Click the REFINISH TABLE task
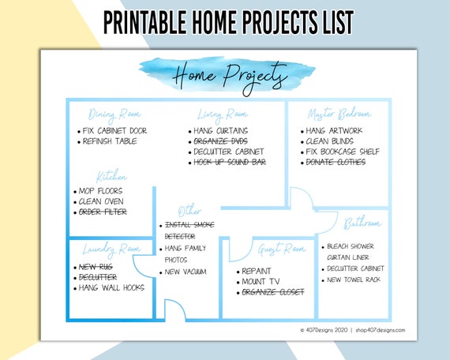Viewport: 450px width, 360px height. [110, 141]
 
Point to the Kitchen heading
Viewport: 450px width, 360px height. [111, 176]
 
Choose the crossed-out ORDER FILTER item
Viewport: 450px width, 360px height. [103, 212]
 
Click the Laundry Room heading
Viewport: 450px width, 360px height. [110, 249]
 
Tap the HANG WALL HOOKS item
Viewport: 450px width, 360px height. [111, 287]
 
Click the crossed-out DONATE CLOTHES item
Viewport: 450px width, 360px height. [336, 162]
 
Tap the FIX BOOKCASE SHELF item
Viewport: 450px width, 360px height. [343, 152]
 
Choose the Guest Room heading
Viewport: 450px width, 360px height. [281, 249]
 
